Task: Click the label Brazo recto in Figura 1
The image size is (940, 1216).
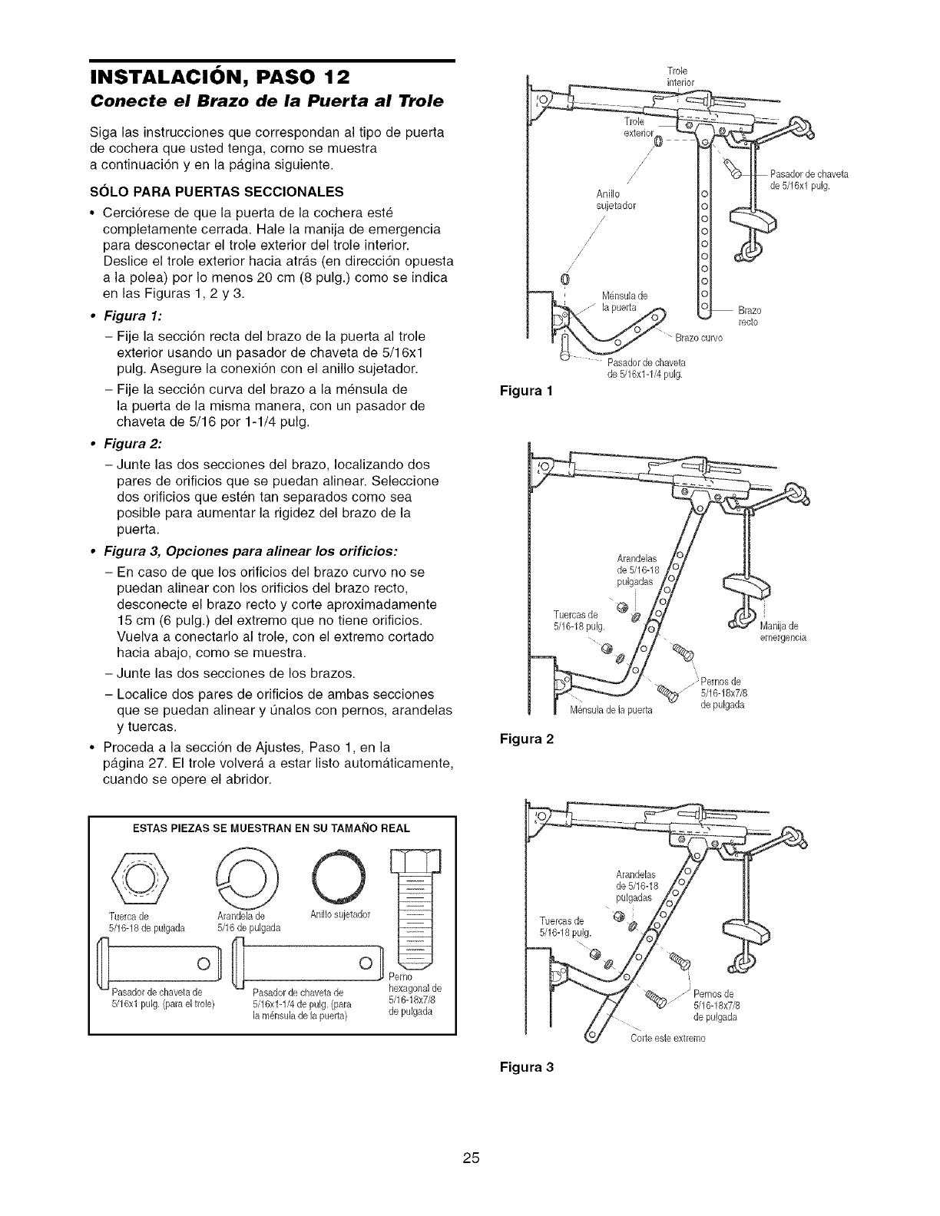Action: click(x=748, y=317)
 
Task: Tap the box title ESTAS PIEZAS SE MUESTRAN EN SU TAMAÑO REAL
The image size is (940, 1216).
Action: click(x=272, y=828)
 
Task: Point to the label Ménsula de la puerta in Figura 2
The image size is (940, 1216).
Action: click(x=611, y=709)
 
